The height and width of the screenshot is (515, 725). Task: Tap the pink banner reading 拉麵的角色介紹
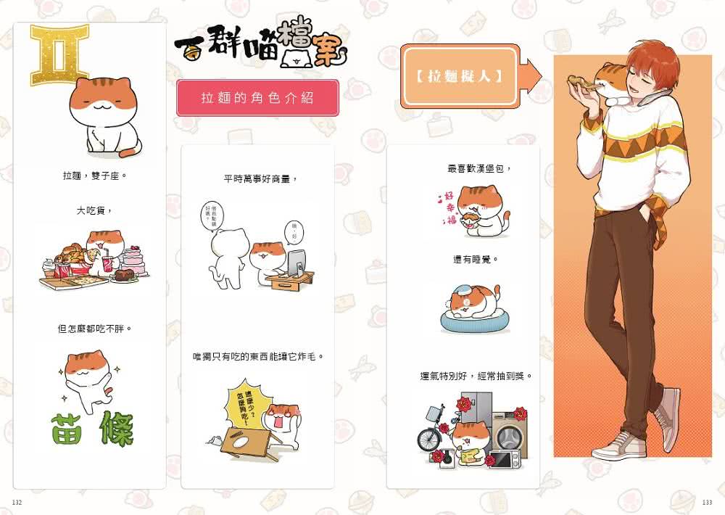point(257,98)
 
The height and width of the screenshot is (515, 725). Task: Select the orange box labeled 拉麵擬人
point(460,76)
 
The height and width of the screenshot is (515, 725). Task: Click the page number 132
point(18,503)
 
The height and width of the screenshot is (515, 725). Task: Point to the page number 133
point(707,503)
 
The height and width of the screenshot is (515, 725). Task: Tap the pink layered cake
point(134,260)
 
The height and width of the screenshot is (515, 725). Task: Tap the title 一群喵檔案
point(261,47)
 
